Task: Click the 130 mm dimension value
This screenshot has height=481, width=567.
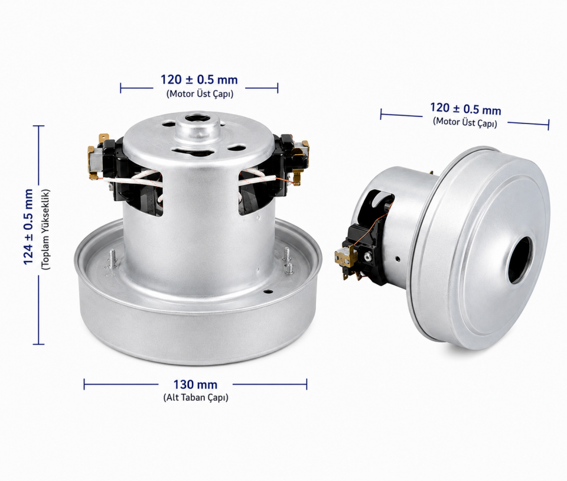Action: [195, 385]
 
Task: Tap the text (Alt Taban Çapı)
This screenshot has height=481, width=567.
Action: [195, 397]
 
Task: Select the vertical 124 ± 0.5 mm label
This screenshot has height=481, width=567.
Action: [28, 227]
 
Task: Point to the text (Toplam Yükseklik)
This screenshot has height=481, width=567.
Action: [46, 229]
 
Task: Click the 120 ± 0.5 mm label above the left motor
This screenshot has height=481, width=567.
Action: [199, 80]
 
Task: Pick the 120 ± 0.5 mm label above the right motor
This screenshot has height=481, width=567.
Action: [465, 109]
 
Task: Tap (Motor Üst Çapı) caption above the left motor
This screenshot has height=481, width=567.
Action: [200, 94]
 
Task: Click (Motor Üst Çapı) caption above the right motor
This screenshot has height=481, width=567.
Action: [465, 122]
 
